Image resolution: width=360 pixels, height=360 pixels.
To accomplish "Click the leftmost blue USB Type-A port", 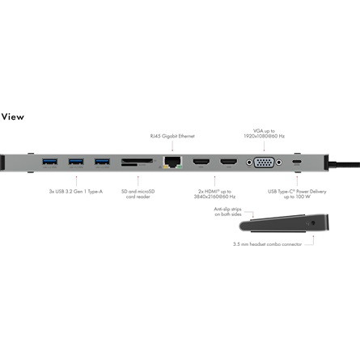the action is [50, 162].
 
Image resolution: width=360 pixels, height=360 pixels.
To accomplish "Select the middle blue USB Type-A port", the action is [76, 162].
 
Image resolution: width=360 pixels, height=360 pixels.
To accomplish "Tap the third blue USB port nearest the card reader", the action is [102, 162].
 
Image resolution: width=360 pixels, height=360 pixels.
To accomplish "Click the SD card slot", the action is [137, 161].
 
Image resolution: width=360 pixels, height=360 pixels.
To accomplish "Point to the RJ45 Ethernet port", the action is [172, 162].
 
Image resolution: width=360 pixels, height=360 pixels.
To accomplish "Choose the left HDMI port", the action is [201, 162].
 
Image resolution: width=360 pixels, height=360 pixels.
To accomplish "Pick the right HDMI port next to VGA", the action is [229, 162].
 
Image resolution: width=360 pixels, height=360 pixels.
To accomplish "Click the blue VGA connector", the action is [265, 163].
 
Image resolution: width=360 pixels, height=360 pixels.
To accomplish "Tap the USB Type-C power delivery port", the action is [297, 162].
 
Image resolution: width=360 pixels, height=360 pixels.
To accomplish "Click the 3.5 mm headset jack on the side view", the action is [313, 223].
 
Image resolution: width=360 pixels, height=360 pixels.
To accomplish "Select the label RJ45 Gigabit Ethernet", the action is [172, 136].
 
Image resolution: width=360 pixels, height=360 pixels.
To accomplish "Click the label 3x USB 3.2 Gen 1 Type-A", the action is [76, 192].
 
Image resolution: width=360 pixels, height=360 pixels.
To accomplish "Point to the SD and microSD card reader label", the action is [138, 194].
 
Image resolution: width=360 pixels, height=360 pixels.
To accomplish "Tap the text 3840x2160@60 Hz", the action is [214, 197].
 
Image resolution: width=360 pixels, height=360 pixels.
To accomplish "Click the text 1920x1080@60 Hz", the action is [264, 136].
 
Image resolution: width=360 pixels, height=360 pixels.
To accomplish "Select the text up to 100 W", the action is [297, 197].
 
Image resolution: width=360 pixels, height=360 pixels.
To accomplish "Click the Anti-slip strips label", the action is [228, 212].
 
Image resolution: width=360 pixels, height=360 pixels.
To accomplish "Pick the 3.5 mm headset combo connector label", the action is [267, 244].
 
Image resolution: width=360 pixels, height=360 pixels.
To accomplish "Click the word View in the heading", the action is [12, 116].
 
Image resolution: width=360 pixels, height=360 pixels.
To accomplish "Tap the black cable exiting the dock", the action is [345, 163].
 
